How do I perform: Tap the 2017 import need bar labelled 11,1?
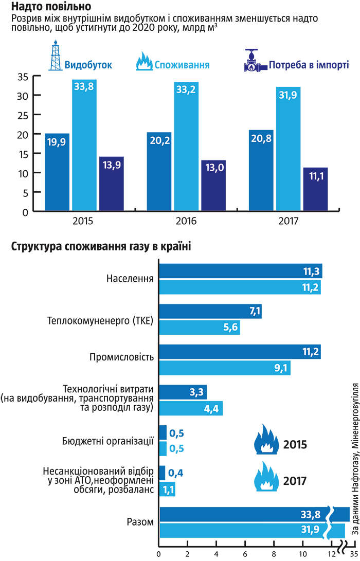tap(315, 189)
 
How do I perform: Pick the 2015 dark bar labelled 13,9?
tap(111, 183)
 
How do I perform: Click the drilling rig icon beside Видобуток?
tap(55, 58)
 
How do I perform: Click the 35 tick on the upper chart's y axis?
tap(22, 77)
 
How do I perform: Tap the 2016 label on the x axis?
tap(186, 221)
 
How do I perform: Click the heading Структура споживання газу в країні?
tap(101, 247)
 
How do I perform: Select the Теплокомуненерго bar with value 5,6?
tap(199, 327)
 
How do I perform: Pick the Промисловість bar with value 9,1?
tap(225, 368)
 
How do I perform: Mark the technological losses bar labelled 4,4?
tap(190, 408)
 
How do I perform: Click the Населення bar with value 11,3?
tap(240, 271)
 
